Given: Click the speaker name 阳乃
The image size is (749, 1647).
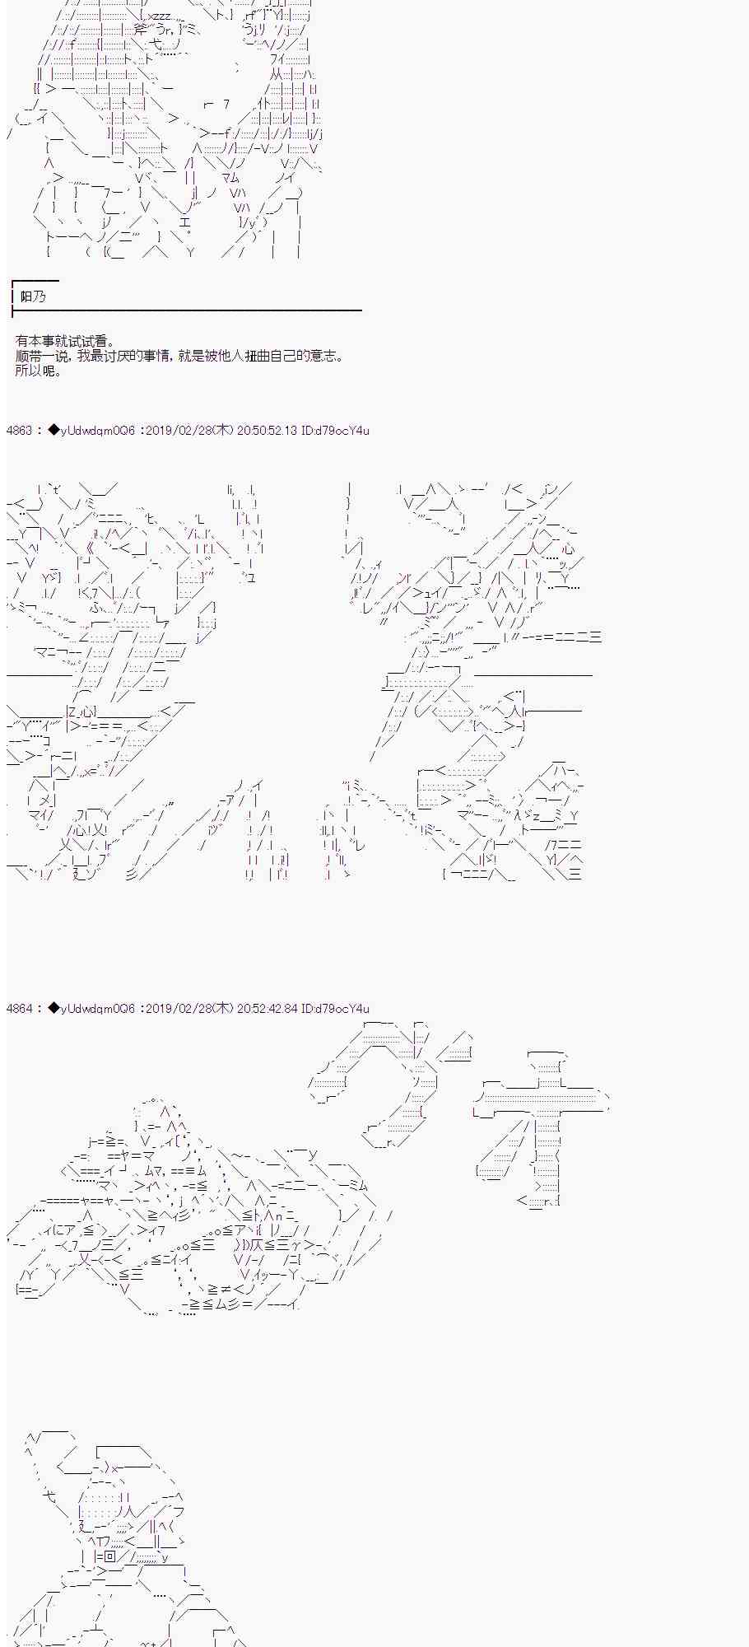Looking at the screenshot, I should [33, 296].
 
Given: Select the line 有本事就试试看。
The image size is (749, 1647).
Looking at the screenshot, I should [65, 341].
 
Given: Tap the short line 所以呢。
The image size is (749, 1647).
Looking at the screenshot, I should [39, 371].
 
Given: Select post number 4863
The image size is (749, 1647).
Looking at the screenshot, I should [18, 431].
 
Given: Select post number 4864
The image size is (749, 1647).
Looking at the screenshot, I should [18, 1009].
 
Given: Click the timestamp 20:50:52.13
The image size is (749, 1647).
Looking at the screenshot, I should [267, 431].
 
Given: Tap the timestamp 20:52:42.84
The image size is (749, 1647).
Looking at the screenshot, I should [267, 1009].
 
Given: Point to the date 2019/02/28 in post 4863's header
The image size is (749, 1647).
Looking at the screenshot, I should [178, 431].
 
